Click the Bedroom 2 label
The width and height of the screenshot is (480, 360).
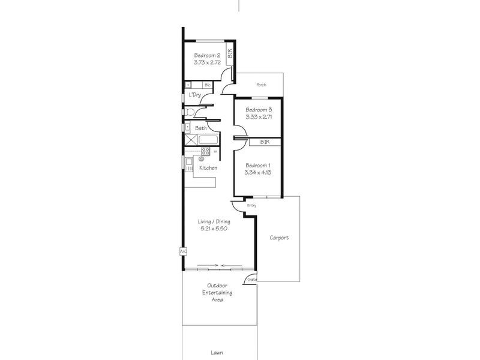[x=207, y=55]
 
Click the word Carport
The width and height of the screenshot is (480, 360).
[x=279, y=238]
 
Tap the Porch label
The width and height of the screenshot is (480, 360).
[x=261, y=85]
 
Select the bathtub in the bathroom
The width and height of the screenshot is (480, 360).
[x=207, y=140]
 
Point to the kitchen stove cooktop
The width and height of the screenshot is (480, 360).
[x=205, y=151]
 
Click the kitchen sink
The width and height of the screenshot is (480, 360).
[x=189, y=161]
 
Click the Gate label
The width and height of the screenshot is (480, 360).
[x=253, y=280]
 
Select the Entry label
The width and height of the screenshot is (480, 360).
[x=251, y=206]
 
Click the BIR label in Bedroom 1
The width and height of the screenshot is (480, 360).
[x=265, y=142]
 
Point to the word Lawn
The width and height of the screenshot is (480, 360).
[x=217, y=353]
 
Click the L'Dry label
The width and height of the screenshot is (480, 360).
[x=195, y=95]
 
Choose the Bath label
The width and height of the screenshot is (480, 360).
[x=200, y=128]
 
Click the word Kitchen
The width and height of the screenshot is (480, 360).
[x=208, y=167]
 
